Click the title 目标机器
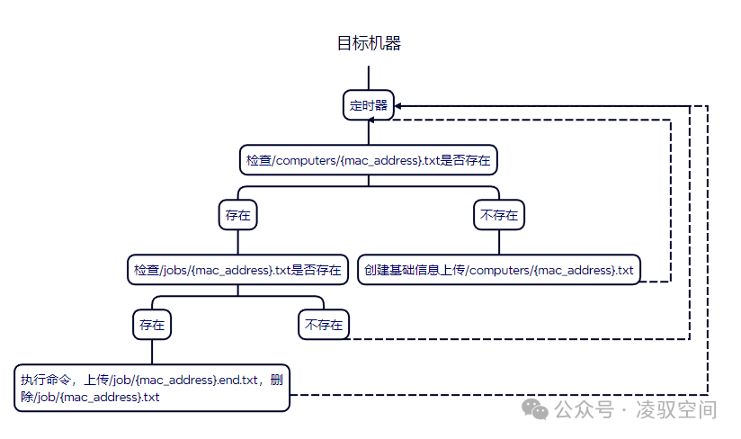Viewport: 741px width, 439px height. tap(369, 43)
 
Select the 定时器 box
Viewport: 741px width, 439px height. tap(369, 105)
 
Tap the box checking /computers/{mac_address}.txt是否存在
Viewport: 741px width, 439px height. tap(369, 160)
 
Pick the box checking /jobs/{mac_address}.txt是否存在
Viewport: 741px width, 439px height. tap(237, 269)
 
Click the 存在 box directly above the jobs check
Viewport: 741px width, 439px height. tap(237, 215)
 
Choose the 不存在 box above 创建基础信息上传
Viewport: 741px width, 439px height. tap(499, 215)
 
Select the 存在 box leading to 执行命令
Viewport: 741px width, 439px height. tap(152, 324)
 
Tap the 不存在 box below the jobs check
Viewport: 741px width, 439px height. tap(324, 324)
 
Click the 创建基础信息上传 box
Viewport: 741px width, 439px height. tap(499, 269)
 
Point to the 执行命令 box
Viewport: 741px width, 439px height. tap(152, 388)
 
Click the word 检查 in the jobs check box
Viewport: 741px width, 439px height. tap(145, 269)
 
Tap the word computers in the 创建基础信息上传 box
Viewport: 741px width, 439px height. tap(503, 269)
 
